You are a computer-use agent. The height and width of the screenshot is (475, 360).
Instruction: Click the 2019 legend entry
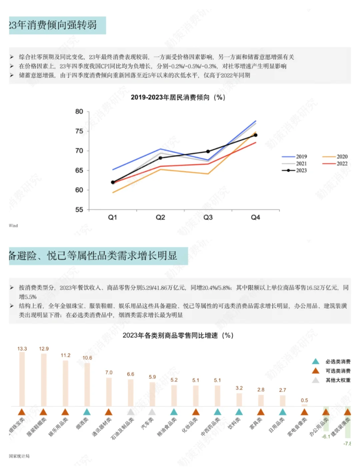click(295, 156)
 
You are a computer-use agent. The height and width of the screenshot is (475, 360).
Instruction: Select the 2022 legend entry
click(335, 163)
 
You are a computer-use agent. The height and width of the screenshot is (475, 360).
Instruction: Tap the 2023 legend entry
click(295, 170)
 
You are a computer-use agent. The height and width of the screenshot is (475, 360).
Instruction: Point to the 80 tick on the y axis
click(79, 111)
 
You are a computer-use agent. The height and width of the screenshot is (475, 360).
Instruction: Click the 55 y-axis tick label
click(79, 209)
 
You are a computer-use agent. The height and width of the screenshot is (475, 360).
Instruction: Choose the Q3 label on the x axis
click(208, 217)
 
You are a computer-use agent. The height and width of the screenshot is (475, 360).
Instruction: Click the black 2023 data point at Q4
click(256, 135)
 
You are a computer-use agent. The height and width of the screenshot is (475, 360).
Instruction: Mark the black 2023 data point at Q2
click(160, 158)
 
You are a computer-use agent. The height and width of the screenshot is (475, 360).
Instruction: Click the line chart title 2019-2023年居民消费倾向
click(178, 97)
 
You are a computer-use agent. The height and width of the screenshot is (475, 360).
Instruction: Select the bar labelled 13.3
click(22, 379)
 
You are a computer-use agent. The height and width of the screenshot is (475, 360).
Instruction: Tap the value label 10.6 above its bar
click(87, 358)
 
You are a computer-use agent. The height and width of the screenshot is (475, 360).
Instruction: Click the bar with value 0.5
click(304, 405)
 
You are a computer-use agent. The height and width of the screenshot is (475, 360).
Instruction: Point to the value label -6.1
click(326, 437)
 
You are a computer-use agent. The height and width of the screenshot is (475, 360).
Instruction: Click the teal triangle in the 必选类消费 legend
click(315, 362)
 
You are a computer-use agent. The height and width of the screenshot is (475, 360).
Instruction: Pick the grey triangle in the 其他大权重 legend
click(315, 380)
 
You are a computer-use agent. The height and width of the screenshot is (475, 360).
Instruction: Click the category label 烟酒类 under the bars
click(83, 423)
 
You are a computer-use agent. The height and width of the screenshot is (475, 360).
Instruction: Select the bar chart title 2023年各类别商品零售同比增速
click(178, 335)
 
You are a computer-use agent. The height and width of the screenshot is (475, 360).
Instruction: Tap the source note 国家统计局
click(19, 456)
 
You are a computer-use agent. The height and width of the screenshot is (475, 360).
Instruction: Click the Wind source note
click(13, 226)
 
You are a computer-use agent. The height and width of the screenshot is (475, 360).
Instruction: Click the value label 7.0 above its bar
click(109, 373)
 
